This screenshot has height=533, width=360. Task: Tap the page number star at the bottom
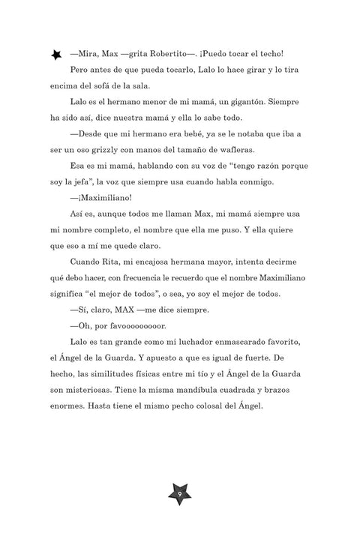tap(180, 494)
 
